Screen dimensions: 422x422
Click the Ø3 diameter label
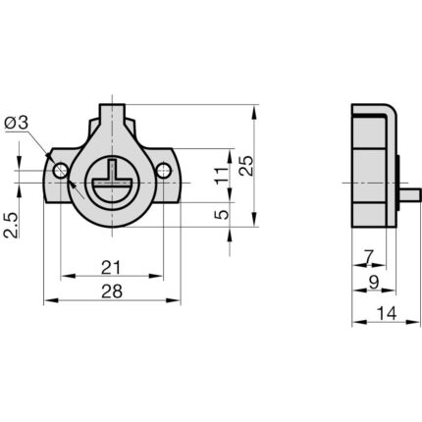[17, 123]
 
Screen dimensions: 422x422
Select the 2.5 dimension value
[11, 225]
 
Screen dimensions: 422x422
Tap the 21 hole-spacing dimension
[111, 268]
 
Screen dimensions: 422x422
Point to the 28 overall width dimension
[112, 291]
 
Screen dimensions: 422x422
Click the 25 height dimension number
[246, 166]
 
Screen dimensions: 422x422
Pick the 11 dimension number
[222, 176]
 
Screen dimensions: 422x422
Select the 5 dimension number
[222, 215]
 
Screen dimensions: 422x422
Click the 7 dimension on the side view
[369, 257]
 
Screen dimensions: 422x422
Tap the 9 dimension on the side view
[374, 282]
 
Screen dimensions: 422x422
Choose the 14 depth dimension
[387, 313]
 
